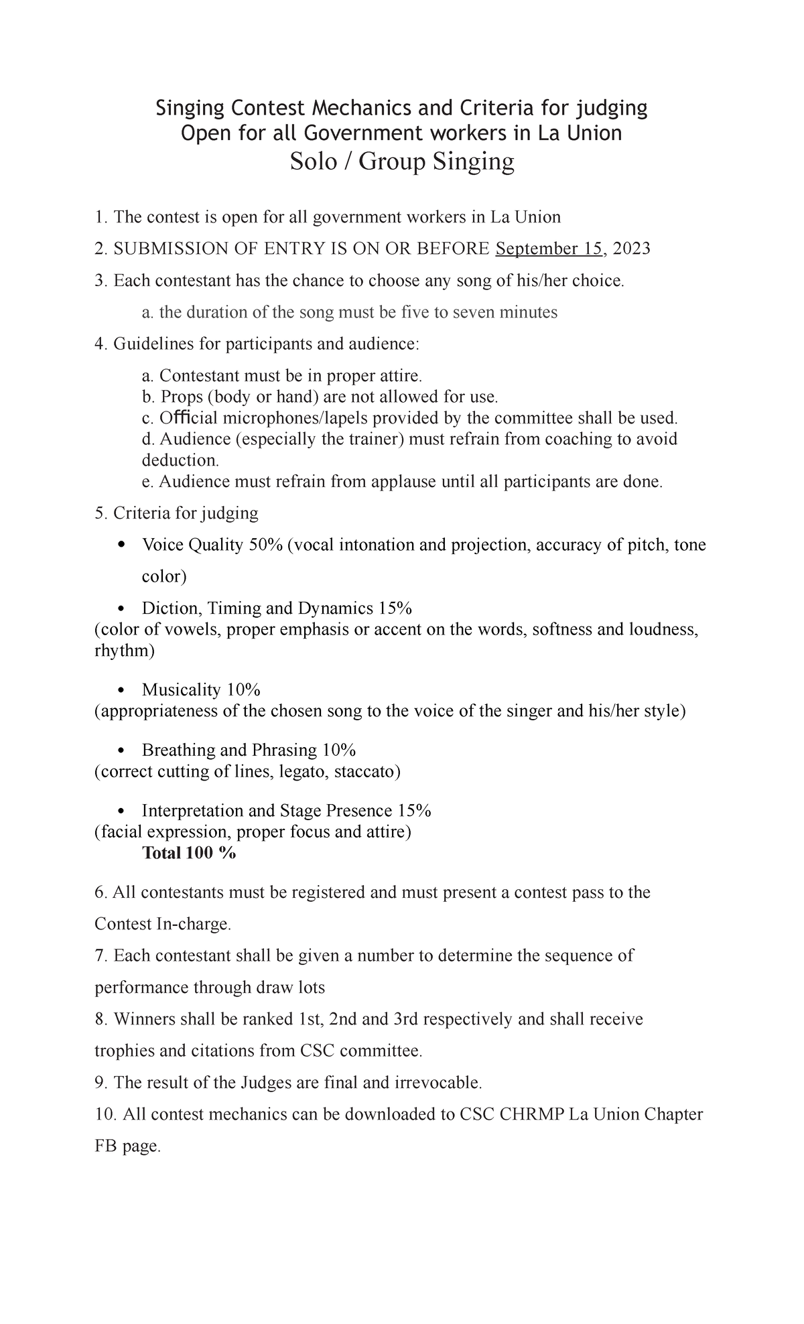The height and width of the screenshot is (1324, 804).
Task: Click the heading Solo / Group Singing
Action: pos(402,161)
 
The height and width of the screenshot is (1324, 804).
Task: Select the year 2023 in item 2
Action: pos(631,249)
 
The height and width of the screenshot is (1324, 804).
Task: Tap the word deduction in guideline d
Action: pos(179,460)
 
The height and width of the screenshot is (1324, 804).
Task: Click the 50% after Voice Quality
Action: pos(265,545)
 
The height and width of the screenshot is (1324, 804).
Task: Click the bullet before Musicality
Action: pos(121,690)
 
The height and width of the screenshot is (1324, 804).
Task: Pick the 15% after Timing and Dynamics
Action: pos(395,608)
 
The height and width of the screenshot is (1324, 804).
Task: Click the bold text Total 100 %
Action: pos(189,853)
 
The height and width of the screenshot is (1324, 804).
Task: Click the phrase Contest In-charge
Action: pos(163,925)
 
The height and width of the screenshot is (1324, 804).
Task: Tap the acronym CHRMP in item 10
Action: pos(531,1114)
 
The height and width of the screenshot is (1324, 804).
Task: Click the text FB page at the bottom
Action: pos(127,1146)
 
